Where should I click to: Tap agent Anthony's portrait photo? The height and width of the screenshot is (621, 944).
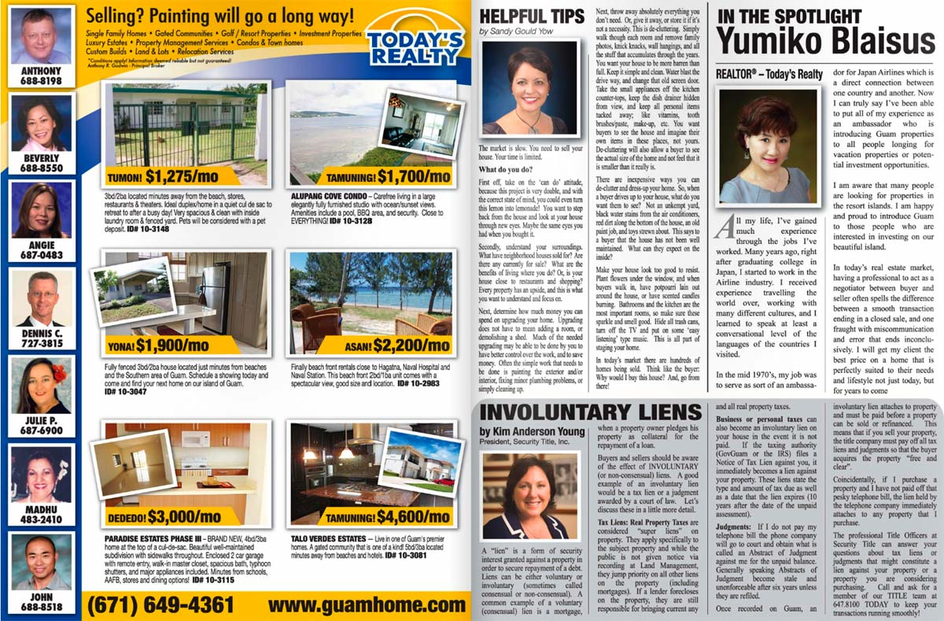tap(41, 35)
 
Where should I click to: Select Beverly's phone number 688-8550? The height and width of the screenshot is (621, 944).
tap(40, 168)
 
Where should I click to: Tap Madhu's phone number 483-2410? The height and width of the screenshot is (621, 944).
tap(41, 520)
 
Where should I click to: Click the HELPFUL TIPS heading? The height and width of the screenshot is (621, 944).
tap(531, 17)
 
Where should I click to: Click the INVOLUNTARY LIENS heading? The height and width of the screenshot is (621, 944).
tap(590, 412)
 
